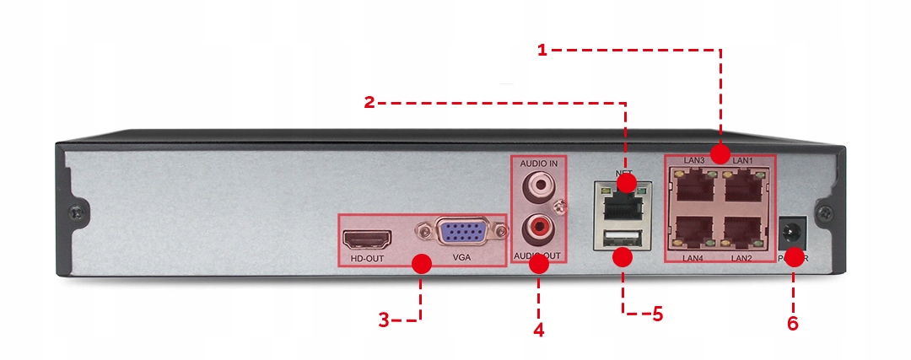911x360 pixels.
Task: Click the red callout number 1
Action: pyautogui.click(x=542, y=50)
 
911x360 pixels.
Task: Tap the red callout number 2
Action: pyautogui.click(x=369, y=103)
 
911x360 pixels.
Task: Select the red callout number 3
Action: pyautogui.click(x=384, y=320)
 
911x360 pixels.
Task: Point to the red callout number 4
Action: pyautogui.click(x=538, y=328)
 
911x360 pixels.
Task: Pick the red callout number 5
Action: pyautogui.click(x=657, y=314)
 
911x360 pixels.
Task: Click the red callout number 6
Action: pyautogui.click(x=792, y=323)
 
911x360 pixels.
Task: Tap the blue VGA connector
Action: pyautogui.click(x=459, y=232)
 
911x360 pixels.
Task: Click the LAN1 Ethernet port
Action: pyautogui.click(x=741, y=188)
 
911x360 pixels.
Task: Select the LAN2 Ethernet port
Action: pyautogui.click(x=741, y=231)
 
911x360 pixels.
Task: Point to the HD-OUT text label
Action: pyautogui.click(x=362, y=258)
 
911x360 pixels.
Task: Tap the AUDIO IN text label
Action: pyautogui.click(x=539, y=163)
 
